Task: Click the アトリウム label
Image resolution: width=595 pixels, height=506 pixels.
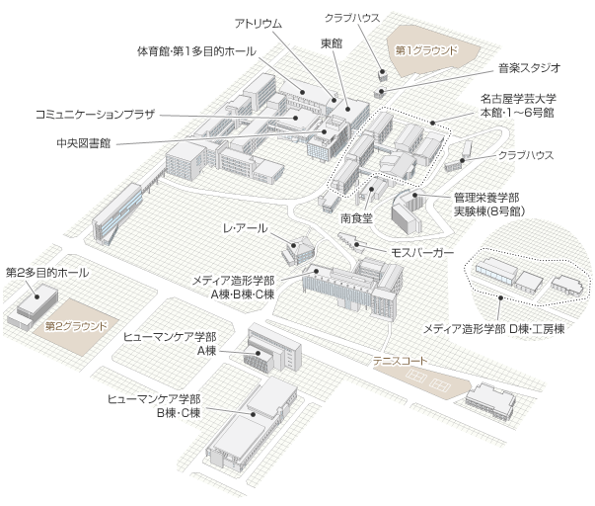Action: pos(258,22)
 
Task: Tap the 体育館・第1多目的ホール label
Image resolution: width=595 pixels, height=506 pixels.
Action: pos(197,51)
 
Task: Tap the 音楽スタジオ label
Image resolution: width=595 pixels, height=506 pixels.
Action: pos(529,68)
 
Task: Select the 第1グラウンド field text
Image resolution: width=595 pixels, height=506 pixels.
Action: pos(426,49)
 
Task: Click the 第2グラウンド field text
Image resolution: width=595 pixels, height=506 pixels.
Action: pos(76,323)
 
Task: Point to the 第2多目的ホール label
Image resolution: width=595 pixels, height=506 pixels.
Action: pos(47,272)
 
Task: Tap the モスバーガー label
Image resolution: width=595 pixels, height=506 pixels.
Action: pos(423,253)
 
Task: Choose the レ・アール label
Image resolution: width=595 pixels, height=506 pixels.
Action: pos(244,229)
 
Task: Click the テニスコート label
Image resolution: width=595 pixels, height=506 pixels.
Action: pos(399,361)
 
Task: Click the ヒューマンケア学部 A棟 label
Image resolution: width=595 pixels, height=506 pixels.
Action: pos(169,344)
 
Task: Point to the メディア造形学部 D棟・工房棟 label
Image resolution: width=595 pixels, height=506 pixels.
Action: pos(493,327)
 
